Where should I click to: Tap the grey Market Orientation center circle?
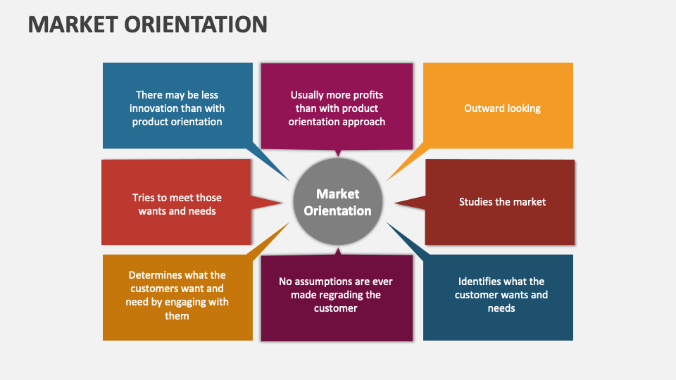[338, 202]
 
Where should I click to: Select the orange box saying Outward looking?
[498, 106]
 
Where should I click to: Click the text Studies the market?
[502, 202]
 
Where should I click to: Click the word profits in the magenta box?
[365, 95]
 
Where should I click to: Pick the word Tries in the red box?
[144, 198]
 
